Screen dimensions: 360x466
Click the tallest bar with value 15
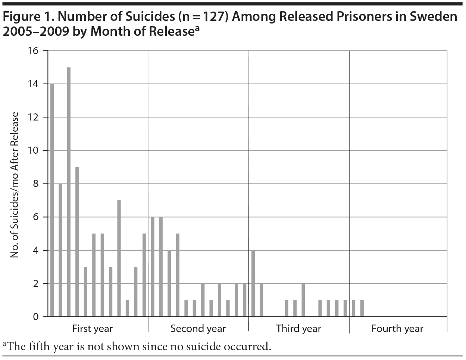(69, 192)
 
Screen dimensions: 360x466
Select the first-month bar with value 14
(52, 200)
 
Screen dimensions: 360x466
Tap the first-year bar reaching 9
(77, 242)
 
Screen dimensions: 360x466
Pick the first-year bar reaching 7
(119, 258)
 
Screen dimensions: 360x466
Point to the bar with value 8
(60, 250)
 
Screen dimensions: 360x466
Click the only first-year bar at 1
(127, 308)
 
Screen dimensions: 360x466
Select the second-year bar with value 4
(169, 283)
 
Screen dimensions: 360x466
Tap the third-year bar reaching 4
(253, 283)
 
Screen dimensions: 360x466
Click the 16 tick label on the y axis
(33, 51)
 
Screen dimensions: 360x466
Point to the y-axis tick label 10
(33, 150)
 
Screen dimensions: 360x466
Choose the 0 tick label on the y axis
(36, 317)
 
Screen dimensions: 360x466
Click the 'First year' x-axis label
(92, 329)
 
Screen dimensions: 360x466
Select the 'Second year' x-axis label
(198, 329)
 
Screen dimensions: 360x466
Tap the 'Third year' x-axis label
(298, 329)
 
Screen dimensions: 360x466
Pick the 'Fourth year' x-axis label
(397, 329)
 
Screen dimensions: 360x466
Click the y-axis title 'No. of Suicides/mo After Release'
(15, 184)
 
